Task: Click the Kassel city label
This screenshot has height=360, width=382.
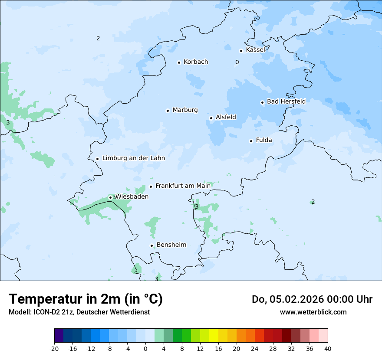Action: click(x=255, y=50)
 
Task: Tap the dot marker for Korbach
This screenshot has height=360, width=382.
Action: click(x=179, y=62)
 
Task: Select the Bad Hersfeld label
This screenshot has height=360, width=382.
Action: click(x=286, y=101)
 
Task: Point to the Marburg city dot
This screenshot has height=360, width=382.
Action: click(x=168, y=111)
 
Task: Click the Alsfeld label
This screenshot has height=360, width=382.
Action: click(x=226, y=117)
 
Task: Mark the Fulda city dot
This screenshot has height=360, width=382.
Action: click(x=251, y=141)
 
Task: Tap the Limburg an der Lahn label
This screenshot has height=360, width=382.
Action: click(x=133, y=158)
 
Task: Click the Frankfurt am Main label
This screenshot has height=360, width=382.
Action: click(x=183, y=186)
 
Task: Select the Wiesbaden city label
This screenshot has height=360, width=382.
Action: click(x=132, y=196)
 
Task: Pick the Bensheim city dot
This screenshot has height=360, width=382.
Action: click(x=152, y=245)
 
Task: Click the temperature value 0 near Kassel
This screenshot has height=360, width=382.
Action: click(x=237, y=62)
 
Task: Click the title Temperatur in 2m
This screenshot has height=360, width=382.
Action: click(x=86, y=299)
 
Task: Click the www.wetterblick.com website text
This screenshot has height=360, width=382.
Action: click(x=313, y=312)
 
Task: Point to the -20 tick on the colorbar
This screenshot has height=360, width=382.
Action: click(x=54, y=348)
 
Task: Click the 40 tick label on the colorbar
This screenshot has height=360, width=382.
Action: click(x=328, y=348)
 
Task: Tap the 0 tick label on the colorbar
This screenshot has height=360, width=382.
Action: click(x=145, y=348)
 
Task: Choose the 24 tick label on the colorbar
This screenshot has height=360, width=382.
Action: click(x=255, y=348)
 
